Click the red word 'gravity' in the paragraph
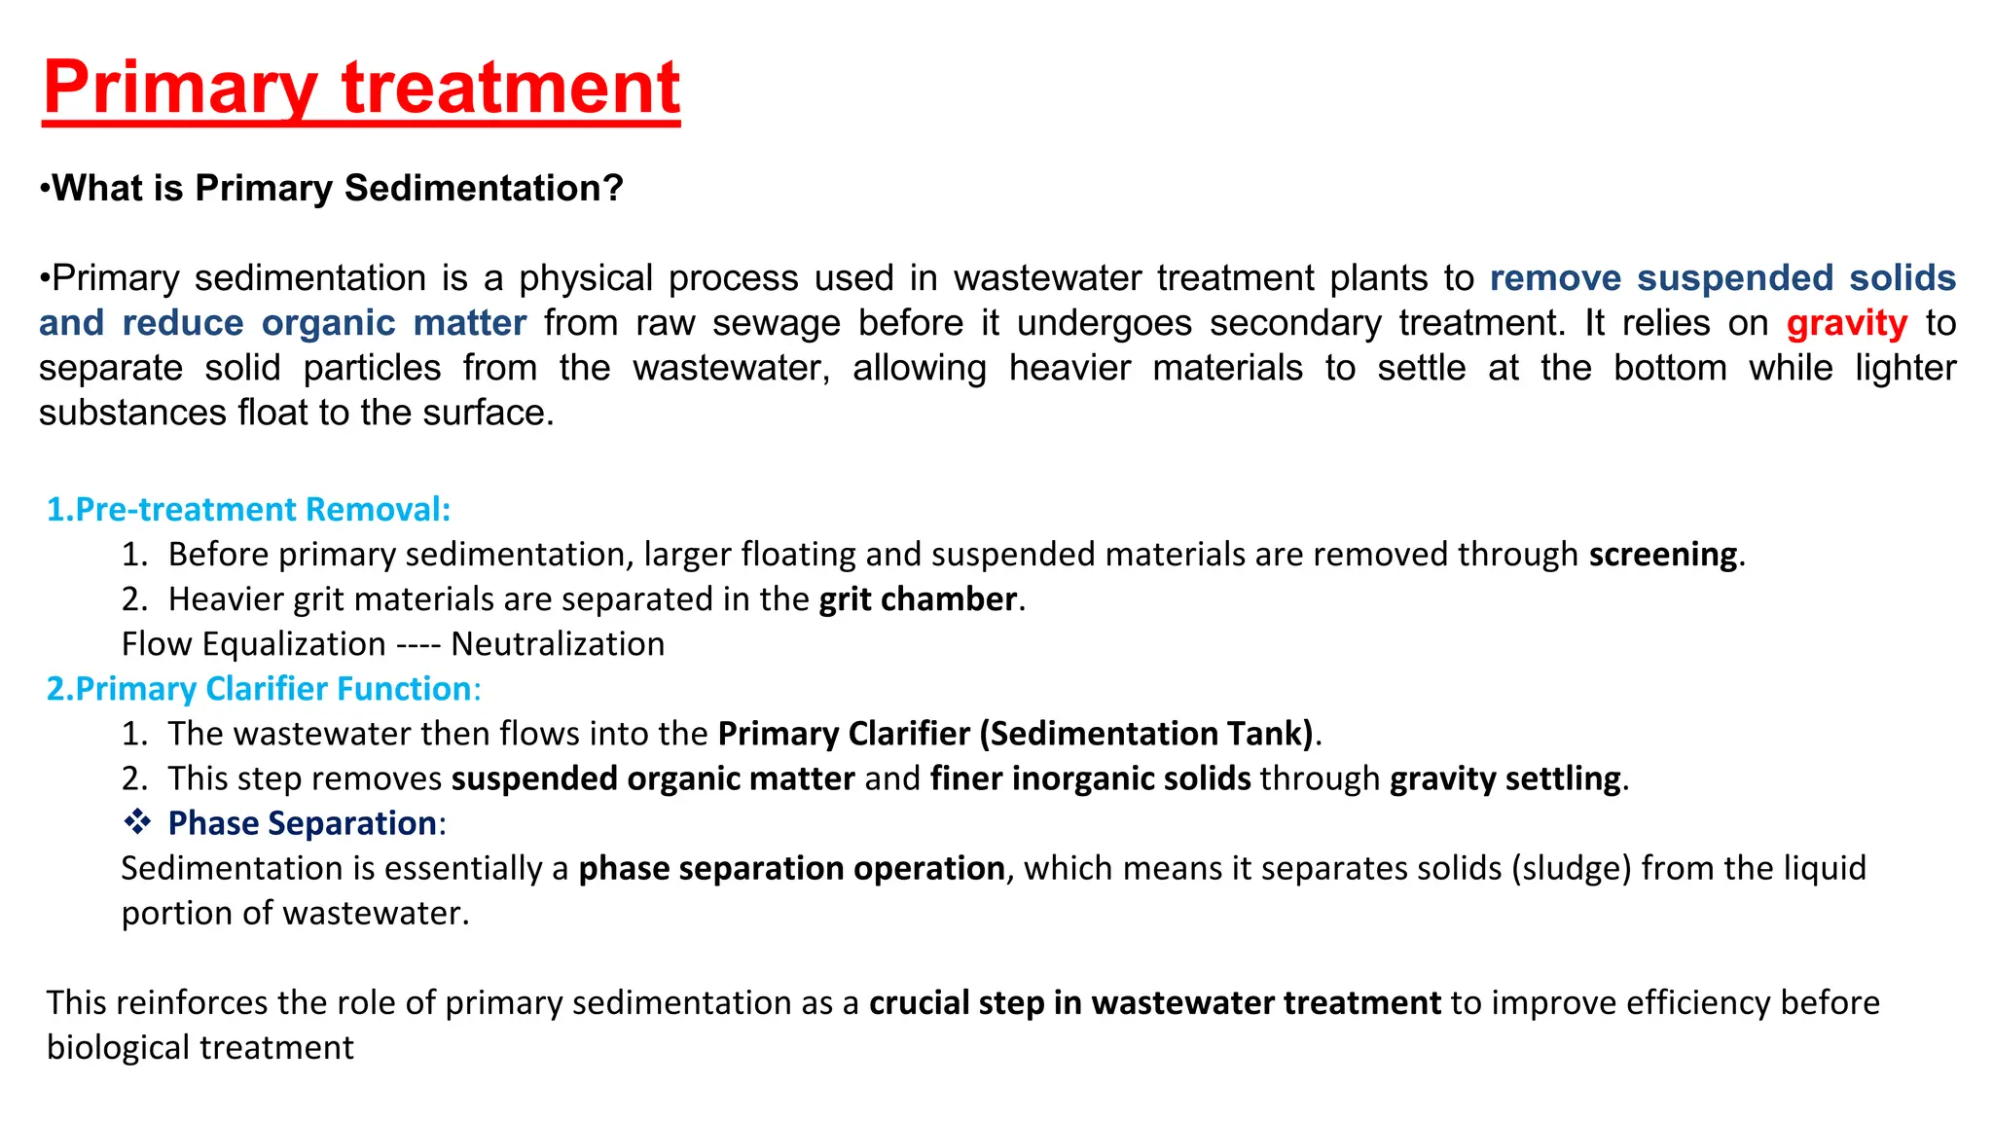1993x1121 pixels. [x=1846, y=323]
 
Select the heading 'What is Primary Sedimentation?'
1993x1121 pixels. [x=337, y=188]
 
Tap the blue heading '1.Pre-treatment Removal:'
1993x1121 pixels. [x=249, y=509]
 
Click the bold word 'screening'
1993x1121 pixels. [x=1662, y=555]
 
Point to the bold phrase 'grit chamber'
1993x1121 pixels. [x=918, y=599]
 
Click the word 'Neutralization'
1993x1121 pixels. [x=558, y=644]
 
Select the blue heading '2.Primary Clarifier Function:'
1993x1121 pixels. [x=264, y=689]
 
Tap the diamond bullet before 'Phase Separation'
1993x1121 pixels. [x=137, y=822]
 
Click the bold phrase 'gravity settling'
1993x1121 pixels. [x=1504, y=778]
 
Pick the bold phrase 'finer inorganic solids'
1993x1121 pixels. [x=1090, y=778]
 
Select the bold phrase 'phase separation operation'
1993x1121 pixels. [x=791, y=868]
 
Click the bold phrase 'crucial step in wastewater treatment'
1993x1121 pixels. [x=1154, y=1002]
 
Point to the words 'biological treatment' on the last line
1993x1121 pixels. [x=200, y=1048]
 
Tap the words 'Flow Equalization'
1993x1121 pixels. [x=253, y=644]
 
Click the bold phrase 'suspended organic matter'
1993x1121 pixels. [x=652, y=778]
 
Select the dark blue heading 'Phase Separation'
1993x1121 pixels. [x=302, y=823]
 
